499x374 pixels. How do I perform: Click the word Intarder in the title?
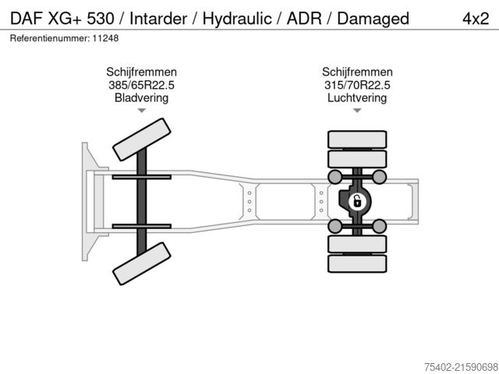click(x=159, y=18)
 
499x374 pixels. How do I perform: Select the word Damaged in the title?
click(x=373, y=18)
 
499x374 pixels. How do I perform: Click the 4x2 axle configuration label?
click(x=476, y=18)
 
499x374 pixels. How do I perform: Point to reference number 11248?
click(x=103, y=38)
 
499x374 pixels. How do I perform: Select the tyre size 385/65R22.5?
click(x=141, y=86)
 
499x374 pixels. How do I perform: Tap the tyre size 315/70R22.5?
click(x=357, y=86)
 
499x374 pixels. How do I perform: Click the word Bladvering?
click(x=141, y=98)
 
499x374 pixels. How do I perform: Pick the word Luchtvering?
click(x=357, y=98)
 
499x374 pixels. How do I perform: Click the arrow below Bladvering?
click(x=141, y=111)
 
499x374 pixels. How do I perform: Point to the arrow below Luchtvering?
click(x=357, y=111)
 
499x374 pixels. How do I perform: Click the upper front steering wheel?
click(x=142, y=140)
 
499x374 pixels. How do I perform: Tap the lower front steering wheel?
click(x=142, y=263)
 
